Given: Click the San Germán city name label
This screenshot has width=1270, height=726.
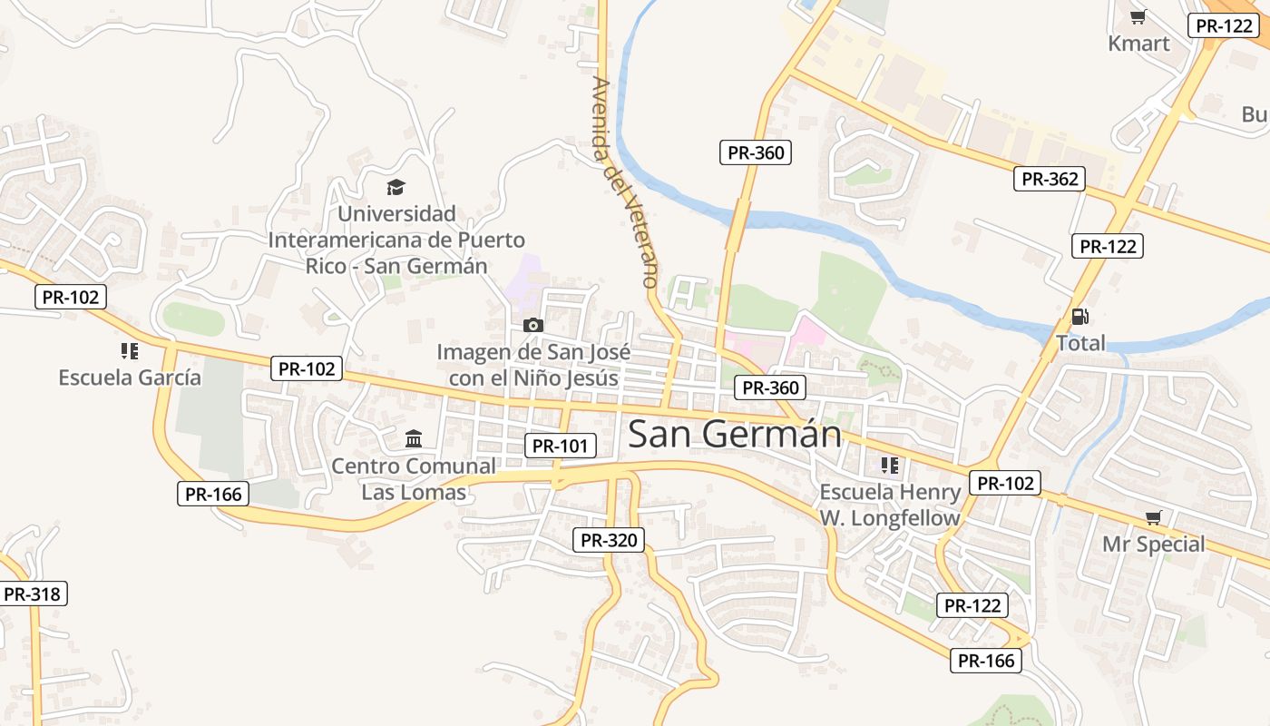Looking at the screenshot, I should [x=735, y=434].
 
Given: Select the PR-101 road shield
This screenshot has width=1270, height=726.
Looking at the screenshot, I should [x=561, y=446].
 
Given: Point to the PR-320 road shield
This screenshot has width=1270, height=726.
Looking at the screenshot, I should [x=610, y=540].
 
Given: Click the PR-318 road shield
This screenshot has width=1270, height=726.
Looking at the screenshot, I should [x=33, y=594].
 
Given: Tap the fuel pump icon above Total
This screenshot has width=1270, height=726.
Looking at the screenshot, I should [x=1079, y=317].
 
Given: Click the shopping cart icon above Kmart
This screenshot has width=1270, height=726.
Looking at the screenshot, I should [x=1138, y=16].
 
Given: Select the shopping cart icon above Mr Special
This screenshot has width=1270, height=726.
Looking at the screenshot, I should [x=1153, y=517].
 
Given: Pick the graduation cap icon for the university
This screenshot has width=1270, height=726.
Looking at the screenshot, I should [x=396, y=188].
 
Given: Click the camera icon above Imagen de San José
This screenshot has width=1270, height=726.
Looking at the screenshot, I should [x=533, y=325].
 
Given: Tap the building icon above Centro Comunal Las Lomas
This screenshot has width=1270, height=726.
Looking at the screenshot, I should [x=414, y=439].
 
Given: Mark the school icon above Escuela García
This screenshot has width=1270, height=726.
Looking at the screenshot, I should [x=129, y=350].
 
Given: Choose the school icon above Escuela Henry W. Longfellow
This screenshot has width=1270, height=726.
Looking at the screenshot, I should [x=889, y=466].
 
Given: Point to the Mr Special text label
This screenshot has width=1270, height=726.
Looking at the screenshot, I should [x=1153, y=544].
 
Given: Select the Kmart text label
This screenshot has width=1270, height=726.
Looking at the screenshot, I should [x=1138, y=43].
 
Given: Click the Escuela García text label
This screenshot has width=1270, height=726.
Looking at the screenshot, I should [x=130, y=378].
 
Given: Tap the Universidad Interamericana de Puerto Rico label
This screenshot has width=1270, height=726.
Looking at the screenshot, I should [x=396, y=240].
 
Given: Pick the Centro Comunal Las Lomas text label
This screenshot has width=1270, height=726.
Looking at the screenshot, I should [x=414, y=479].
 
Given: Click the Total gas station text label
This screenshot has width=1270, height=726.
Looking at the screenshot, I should [x=1080, y=343].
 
